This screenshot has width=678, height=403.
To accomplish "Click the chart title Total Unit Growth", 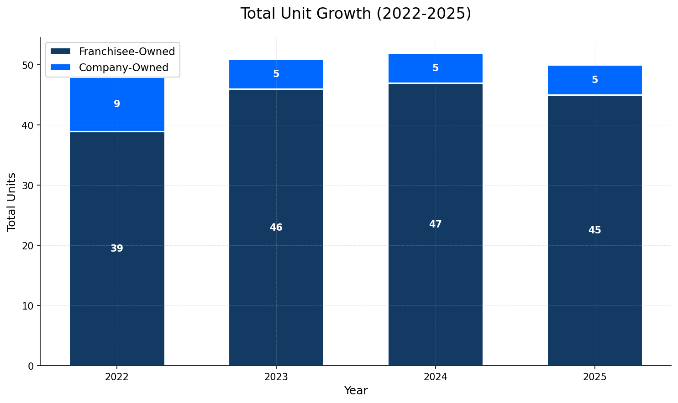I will tap(355, 14).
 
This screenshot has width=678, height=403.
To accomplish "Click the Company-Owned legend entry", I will tap(123, 67).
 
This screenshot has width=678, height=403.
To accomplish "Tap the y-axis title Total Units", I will tap(12, 201).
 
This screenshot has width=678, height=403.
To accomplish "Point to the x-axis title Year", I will tap(356, 391).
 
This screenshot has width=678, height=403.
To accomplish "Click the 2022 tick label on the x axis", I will tap(117, 377).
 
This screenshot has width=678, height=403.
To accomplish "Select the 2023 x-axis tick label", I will tap(276, 377).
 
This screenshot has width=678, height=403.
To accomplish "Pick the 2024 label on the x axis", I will tap(435, 377).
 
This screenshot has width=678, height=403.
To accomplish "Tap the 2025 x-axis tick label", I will tap(594, 377).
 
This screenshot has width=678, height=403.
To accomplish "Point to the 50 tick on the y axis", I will tap(28, 65).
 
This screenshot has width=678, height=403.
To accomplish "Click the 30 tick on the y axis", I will tap(28, 186).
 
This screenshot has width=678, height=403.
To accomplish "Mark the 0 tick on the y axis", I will tap(31, 366).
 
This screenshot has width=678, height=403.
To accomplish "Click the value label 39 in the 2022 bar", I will tap(117, 248).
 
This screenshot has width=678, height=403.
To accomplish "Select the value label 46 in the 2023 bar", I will tap(276, 227).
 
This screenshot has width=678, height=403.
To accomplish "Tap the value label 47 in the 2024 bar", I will tap(435, 224).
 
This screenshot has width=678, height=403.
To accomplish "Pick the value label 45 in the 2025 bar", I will tap(594, 230).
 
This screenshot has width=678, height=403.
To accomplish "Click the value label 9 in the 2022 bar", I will tap(117, 104).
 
